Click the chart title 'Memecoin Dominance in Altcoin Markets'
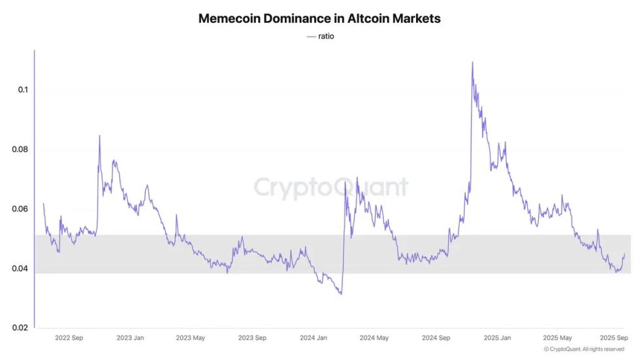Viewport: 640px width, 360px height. click(x=319, y=18)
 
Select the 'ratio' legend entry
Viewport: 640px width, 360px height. click(x=321, y=37)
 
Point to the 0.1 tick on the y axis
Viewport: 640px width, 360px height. click(x=23, y=90)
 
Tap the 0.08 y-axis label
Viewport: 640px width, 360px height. click(x=20, y=149)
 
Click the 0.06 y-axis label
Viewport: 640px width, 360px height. click(x=20, y=208)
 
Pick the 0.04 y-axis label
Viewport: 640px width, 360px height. click(x=20, y=268)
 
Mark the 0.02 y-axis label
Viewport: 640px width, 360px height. click(x=20, y=327)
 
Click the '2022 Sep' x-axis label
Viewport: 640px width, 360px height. click(x=69, y=338)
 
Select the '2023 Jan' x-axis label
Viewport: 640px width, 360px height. click(x=130, y=338)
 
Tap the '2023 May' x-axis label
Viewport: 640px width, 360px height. click(x=190, y=338)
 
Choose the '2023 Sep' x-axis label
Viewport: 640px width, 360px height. click(x=252, y=338)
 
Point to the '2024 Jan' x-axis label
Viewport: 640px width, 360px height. click(x=313, y=338)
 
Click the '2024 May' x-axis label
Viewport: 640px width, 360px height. click(x=374, y=338)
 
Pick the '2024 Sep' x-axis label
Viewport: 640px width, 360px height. click(x=436, y=338)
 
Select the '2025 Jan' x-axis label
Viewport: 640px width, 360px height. click(x=497, y=338)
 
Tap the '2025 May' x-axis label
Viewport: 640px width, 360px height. click(x=557, y=338)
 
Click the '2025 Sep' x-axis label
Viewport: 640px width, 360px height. click(x=614, y=338)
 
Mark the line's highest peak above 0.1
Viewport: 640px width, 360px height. click(x=473, y=63)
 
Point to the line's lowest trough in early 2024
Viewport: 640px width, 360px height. click(x=341, y=293)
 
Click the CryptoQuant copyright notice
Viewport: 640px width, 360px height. click(x=584, y=349)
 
